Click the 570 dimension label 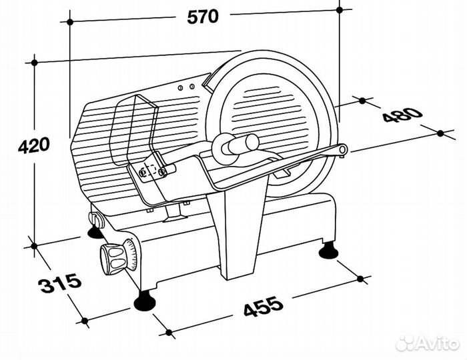click(203, 17)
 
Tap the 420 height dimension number click(33, 146)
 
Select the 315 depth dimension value click(59, 283)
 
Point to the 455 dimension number click(264, 306)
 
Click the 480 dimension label click(403, 115)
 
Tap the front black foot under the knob click(145, 301)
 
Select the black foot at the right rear click(328, 251)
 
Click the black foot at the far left click(95, 233)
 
